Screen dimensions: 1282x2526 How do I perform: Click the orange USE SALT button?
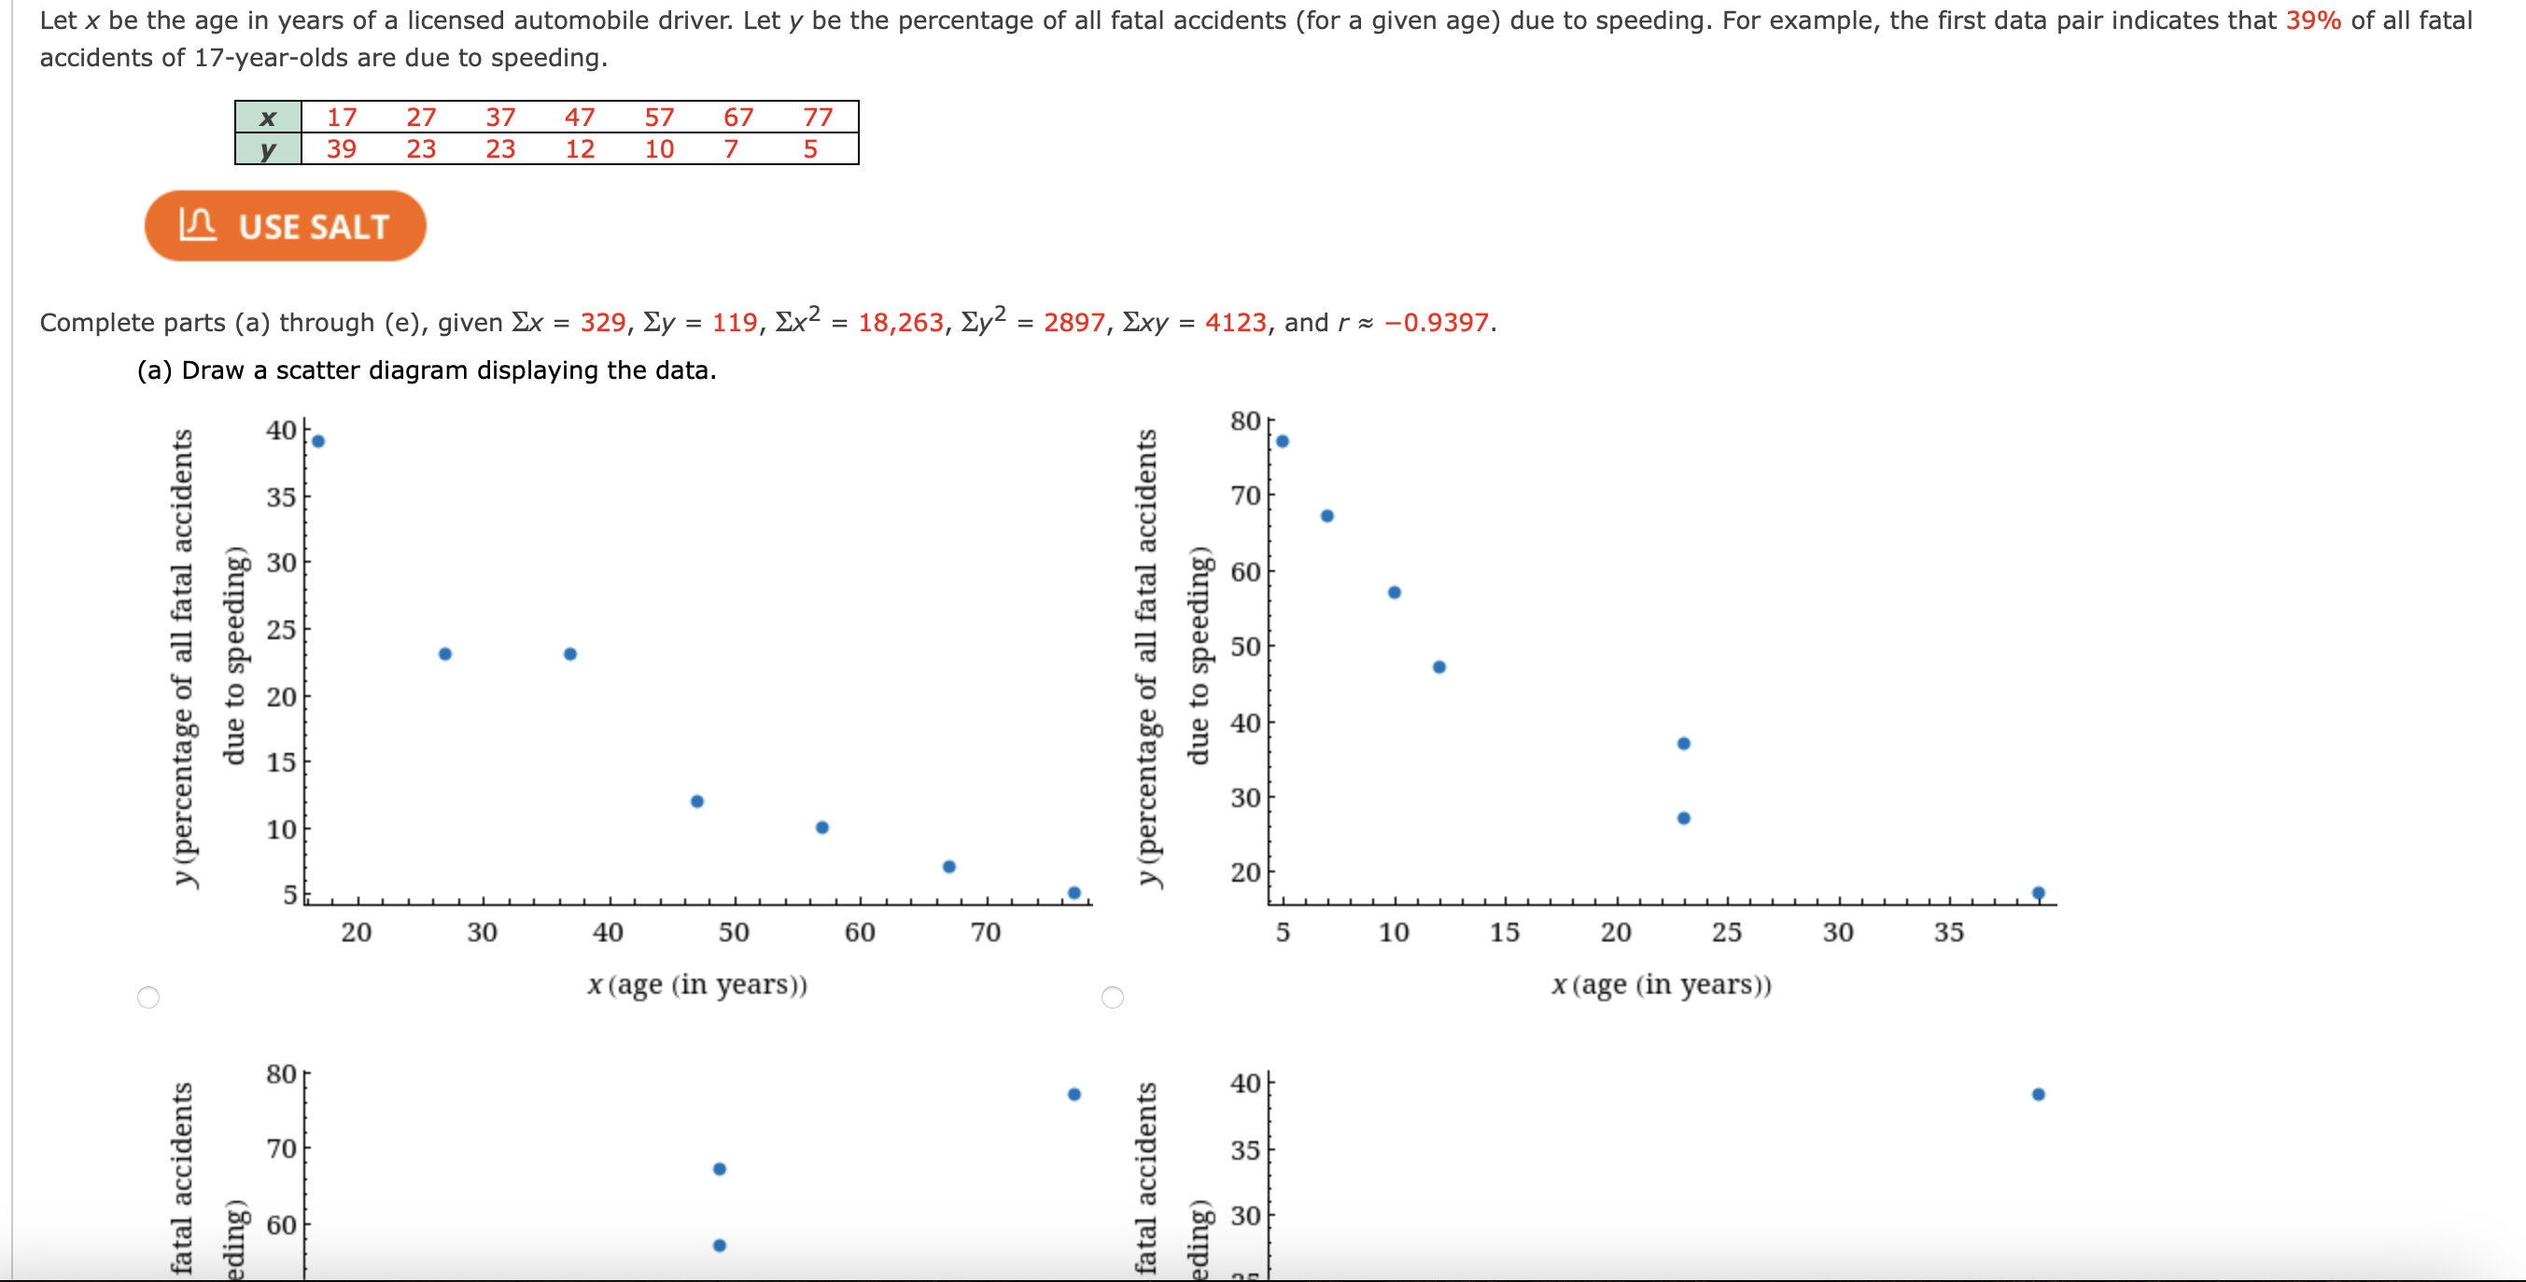coord(285,227)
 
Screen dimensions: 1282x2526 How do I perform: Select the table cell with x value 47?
coord(580,118)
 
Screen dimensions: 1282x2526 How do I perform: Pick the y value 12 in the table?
coord(580,149)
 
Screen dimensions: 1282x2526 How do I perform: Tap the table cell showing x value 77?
coord(817,118)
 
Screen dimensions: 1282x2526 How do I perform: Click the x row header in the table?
coord(268,118)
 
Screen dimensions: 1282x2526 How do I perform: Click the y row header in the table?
coord(268,150)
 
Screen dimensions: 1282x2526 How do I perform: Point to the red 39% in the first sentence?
coord(2312,21)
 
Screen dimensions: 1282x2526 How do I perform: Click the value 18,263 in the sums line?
coord(900,323)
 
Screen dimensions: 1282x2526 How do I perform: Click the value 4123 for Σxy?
coord(1235,323)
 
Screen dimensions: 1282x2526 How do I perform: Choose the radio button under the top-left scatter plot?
coord(148,996)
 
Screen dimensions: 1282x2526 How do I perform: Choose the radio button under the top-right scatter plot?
coord(1112,996)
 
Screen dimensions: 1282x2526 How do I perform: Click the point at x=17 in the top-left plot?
coord(317,441)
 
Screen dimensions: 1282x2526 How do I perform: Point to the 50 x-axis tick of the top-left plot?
coord(734,932)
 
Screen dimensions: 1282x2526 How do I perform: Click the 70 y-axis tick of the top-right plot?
coord(1245,496)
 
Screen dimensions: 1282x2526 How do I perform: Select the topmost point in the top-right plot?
coord(1282,441)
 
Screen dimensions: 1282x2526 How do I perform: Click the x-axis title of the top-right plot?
coord(1661,984)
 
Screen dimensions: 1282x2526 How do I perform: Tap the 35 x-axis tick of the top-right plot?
coord(1948,932)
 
